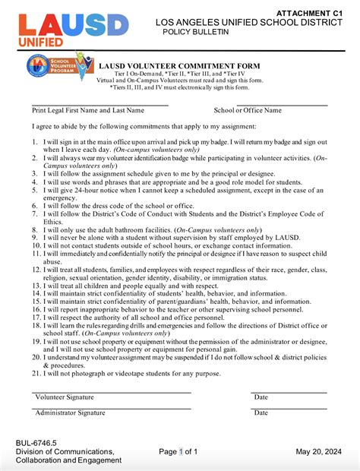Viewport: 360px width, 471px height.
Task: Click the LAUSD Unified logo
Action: click(x=68, y=28)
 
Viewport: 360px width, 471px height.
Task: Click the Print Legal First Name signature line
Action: click(x=99, y=104)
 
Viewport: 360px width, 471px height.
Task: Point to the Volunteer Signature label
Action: click(x=64, y=397)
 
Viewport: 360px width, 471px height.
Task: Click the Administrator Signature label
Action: click(x=69, y=413)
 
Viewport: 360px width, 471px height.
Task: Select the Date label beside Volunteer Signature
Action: click(x=261, y=397)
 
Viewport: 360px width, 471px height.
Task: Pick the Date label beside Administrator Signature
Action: click(x=261, y=413)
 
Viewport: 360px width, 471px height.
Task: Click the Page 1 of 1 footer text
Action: click(x=178, y=452)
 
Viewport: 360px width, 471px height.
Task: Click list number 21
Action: click(x=36, y=373)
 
